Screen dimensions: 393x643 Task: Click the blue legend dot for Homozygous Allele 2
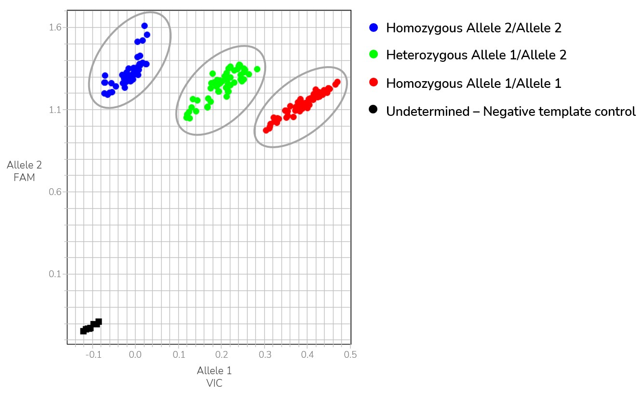coord(373,28)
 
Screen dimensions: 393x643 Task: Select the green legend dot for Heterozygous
coord(373,55)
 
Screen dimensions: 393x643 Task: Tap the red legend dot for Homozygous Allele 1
coord(373,83)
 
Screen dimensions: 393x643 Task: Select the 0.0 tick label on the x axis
coord(135,354)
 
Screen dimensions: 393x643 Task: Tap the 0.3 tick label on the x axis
coord(265,354)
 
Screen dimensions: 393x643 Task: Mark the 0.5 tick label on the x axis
coord(350,354)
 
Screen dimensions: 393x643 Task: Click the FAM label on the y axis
coord(24,178)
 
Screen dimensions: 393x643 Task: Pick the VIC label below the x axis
coord(214,383)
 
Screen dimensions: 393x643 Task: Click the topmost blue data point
coord(145,26)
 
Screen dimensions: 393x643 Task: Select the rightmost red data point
coord(337,82)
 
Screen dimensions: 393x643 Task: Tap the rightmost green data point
coord(257,69)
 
